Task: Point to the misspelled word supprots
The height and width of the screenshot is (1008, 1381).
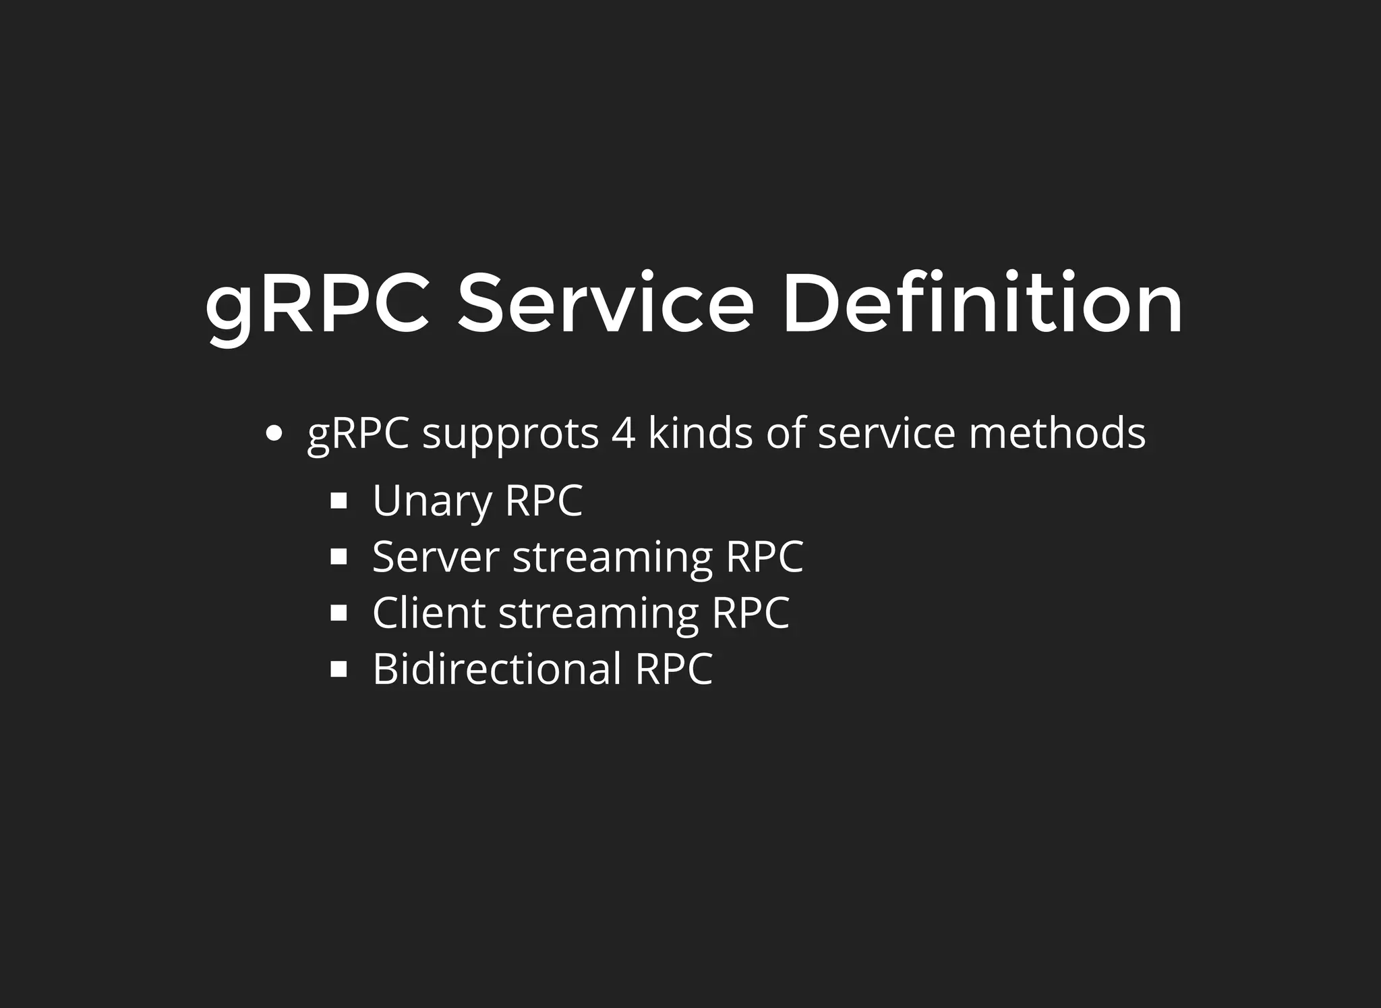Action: [x=510, y=435]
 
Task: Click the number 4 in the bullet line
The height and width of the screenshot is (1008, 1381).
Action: [x=623, y=433]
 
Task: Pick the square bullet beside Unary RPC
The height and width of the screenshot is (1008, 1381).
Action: [x=339, y=501]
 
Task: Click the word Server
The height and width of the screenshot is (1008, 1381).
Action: [x=436, y=557]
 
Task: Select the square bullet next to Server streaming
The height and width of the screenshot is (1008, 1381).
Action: [x=339, y=557]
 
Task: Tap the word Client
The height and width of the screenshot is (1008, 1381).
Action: [x=429, y=613]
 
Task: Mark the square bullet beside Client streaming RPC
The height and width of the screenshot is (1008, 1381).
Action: [x=339, y=613]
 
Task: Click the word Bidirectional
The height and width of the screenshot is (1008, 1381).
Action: [x=497, y=669]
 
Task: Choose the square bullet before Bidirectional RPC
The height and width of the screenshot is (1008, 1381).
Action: [x=339, y=669]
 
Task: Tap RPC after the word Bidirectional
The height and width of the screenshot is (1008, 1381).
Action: [x=674, y=669]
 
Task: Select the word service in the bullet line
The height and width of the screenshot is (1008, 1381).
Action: [x=886, y=433]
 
